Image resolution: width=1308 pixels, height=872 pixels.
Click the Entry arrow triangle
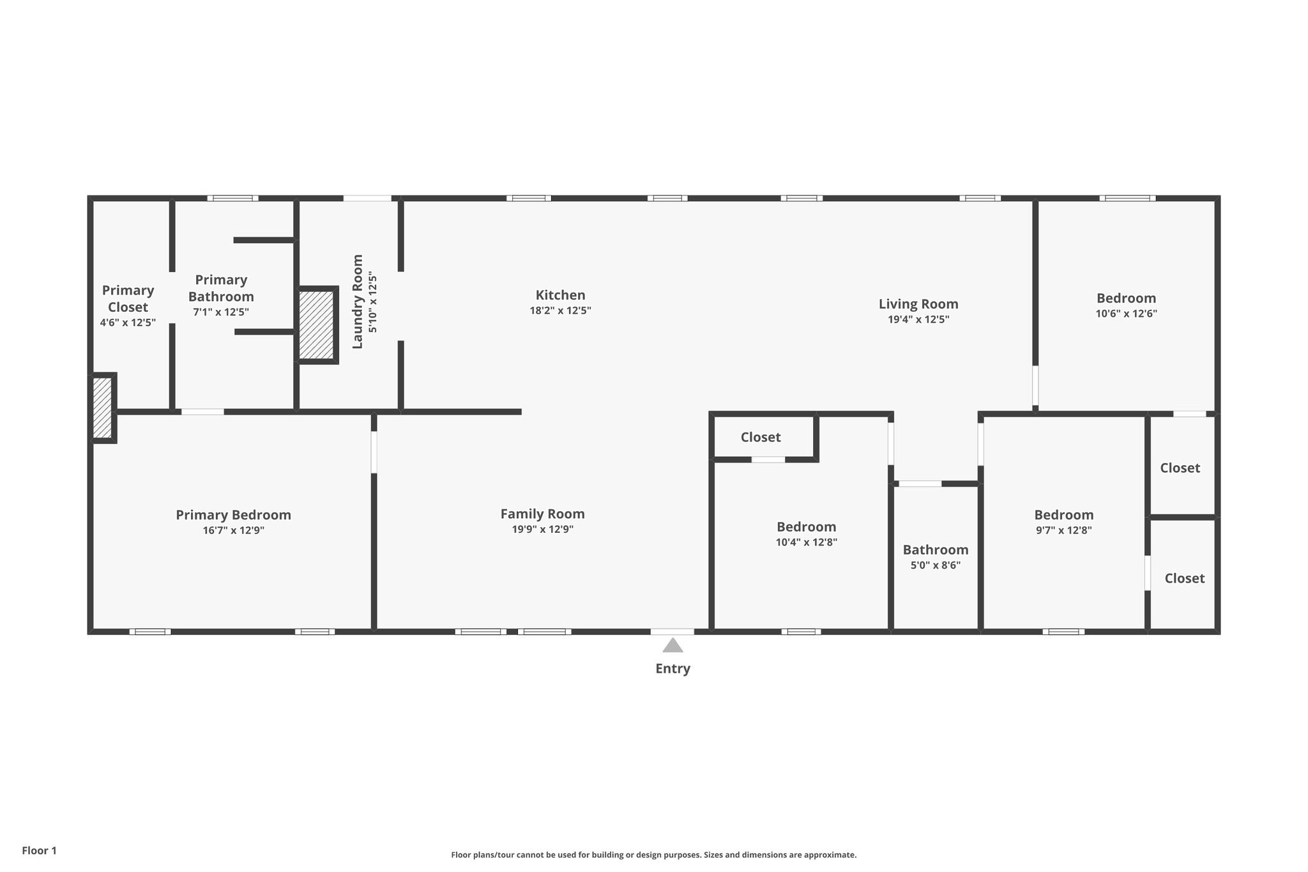[673, 645]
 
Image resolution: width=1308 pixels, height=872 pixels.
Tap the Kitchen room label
[560, 295]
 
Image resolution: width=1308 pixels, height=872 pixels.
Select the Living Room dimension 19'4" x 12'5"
[918, 319]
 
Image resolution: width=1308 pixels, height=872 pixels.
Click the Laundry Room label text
[358, 302]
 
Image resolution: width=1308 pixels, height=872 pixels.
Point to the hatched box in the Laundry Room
[317, 325]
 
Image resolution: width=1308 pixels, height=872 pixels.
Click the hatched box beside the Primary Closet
[102, 408]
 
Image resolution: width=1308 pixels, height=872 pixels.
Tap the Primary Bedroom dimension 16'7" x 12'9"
[233, 530]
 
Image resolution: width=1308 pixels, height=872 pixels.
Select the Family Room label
[542, 514]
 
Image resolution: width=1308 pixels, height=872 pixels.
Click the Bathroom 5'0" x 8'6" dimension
[935, 565]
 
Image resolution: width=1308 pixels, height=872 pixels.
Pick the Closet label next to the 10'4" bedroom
[760, 437]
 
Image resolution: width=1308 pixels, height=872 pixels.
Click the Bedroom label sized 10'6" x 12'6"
[1126, 298]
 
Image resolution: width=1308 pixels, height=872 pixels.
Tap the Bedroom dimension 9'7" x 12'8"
[1063, 530]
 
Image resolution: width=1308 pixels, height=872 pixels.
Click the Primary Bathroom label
[221, 288]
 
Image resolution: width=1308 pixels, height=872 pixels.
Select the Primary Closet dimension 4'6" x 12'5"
[128, 323]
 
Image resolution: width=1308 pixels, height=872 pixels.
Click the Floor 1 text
[40, 850]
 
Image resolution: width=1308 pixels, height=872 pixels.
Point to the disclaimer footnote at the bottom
[653, 855]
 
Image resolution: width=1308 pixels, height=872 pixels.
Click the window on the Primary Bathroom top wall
[232, 198]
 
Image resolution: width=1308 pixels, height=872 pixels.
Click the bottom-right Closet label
[1184, 578]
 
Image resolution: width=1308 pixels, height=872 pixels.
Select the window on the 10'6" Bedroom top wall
[1127, 198]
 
